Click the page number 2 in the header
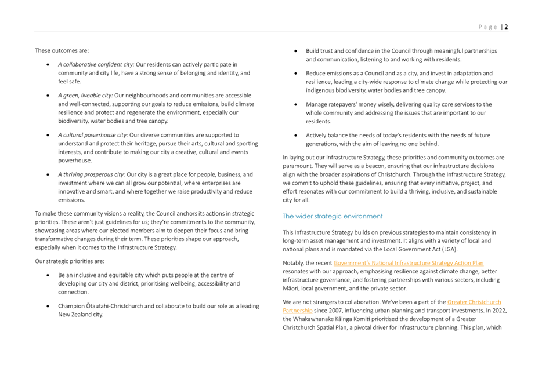(x=506, y=27)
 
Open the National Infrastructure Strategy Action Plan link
(x=408, y=263)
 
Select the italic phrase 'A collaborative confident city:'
(x=96, y=64)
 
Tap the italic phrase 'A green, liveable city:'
(x=85, y=95)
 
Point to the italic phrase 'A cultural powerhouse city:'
(x=93, y=134)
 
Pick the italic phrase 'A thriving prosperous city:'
(x=91, y=174)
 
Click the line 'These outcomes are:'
(x=62, y=51)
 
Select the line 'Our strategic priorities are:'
(x=70, y=261)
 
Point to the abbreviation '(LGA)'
(x=447, y=249)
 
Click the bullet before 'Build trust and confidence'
(x=295, y=51)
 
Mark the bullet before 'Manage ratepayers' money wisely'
(x=295, y=104)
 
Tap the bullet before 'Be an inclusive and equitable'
(x=48, y=275)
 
